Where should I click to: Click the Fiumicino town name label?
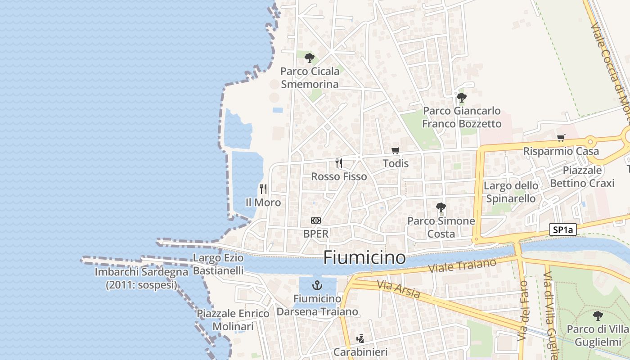coord(364,258)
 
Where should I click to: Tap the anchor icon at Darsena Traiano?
coord(318,285)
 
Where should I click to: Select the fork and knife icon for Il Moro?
coord(263,189)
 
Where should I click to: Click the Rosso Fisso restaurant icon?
coord(339,163)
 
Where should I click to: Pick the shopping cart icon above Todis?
coord(395,150)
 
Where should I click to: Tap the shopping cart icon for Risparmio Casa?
coord(561,138)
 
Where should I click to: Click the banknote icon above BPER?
coord(316,220)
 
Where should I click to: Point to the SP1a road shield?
coord(563,230)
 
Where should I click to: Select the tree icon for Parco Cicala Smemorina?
coord(309,58)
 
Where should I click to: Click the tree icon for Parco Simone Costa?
coord(441,207)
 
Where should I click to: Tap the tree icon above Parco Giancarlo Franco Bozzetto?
coord(461,97)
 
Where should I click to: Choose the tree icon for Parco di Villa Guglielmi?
coord(598,316)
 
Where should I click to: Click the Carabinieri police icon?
coord(360,339)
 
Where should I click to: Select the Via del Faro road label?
coord(523,310)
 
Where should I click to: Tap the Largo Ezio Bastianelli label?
coord(218,264)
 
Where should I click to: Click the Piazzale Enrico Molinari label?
coord(233,320)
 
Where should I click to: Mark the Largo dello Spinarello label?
coord(511,192)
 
